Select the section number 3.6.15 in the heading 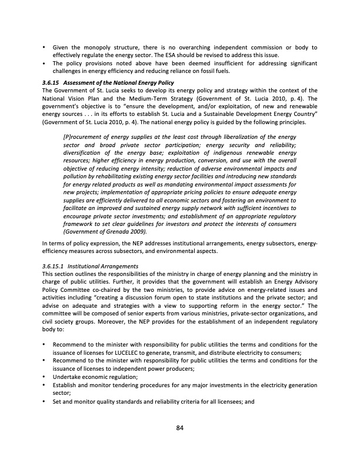(x=52, y=81)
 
